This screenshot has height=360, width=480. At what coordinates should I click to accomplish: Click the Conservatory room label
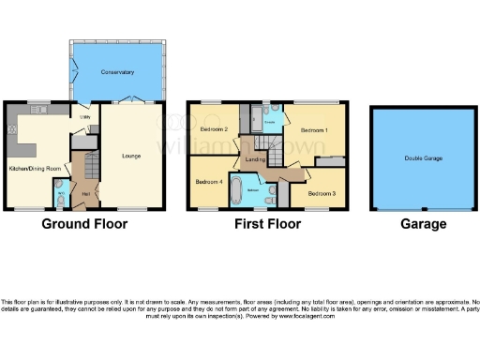point(118,71)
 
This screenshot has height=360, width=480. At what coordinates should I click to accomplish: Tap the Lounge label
point(130,156)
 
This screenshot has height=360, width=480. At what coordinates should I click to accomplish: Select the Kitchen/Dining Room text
point(35,168)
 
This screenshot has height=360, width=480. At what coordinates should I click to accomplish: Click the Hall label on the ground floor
point(85,193)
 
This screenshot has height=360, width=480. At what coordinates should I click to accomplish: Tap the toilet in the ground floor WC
point(60,199)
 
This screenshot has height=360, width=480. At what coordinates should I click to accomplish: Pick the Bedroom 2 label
point(214,128)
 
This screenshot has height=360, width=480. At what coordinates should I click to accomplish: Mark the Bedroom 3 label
point(322,194)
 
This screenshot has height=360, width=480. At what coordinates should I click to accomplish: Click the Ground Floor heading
point(85,224)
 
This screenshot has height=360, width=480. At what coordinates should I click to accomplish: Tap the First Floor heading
point(268,224)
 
